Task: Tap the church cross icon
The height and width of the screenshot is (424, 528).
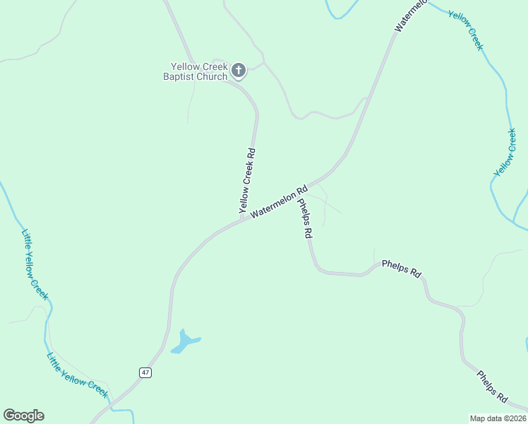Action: [x=239, y=70]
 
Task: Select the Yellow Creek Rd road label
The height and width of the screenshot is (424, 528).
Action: [x=246, y=181]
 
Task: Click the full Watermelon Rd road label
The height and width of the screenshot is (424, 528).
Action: [x=280, y=201]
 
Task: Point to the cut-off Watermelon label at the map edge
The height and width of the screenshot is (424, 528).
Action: [x=411, y=16]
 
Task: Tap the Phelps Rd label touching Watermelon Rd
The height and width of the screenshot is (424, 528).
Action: [x=305, y=218]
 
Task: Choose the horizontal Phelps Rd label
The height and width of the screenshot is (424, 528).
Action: [x=401, y=268]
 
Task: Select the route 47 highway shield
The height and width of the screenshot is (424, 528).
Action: [x=145, y=372]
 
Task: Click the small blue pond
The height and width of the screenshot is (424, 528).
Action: [x=185, y=341]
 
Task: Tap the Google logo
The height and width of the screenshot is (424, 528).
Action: [x=23, y=415]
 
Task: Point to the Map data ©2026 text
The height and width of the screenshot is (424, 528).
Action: [x=497, y=418]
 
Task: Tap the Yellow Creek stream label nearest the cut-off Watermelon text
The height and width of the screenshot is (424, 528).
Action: [x=466, y=29]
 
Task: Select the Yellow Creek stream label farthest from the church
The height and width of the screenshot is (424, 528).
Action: [x=505, y=152]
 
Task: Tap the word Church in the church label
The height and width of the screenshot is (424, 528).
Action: [x=212, y=76]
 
